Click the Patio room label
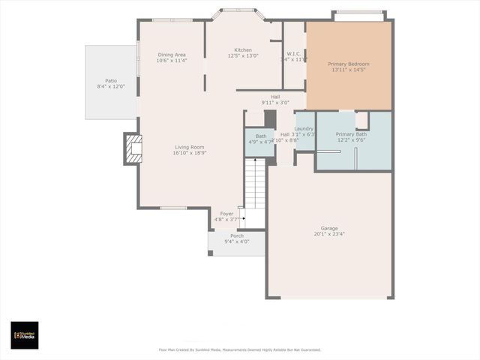coord(111,80)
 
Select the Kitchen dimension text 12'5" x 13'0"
coord(241,56)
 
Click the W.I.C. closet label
coord(294,54)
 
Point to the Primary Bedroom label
coord(348,64)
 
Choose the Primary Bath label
coord(350,133)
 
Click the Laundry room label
coord(304,128)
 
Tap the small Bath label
coord(260,136)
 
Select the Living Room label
coord(190,147)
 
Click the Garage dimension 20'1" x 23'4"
coord(329,234)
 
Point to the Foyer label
coord(226,214)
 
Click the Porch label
coord(237,235)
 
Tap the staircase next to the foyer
coord(255,187)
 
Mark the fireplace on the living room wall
coord(133,149)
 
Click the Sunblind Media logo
coord(25,335)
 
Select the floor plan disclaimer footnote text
coord(240,349)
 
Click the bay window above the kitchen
coord(237,10)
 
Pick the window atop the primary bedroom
coord(358,12)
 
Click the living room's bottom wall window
coord(173,208)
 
